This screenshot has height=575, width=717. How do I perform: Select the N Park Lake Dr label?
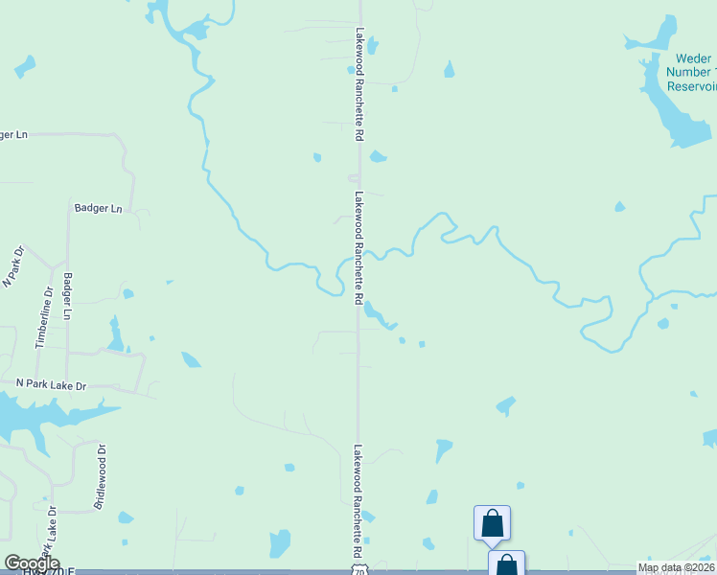pyautogui.click(x=52, y=384)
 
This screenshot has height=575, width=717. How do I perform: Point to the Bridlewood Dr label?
pyautogui.click(x=99, y=474)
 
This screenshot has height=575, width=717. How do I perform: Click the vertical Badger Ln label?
pyautogui.click(x=67, y=296)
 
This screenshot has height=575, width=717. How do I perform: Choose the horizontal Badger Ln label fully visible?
pyautogui.click(x=98, y=208)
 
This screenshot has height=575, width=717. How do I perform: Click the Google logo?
pyautogui.click(x=32, y=563)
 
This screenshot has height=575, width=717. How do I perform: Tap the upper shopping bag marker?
pyautogui.click(x=492, y=523)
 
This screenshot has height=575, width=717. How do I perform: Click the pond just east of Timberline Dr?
pyautogui.click(x=116, y=335)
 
